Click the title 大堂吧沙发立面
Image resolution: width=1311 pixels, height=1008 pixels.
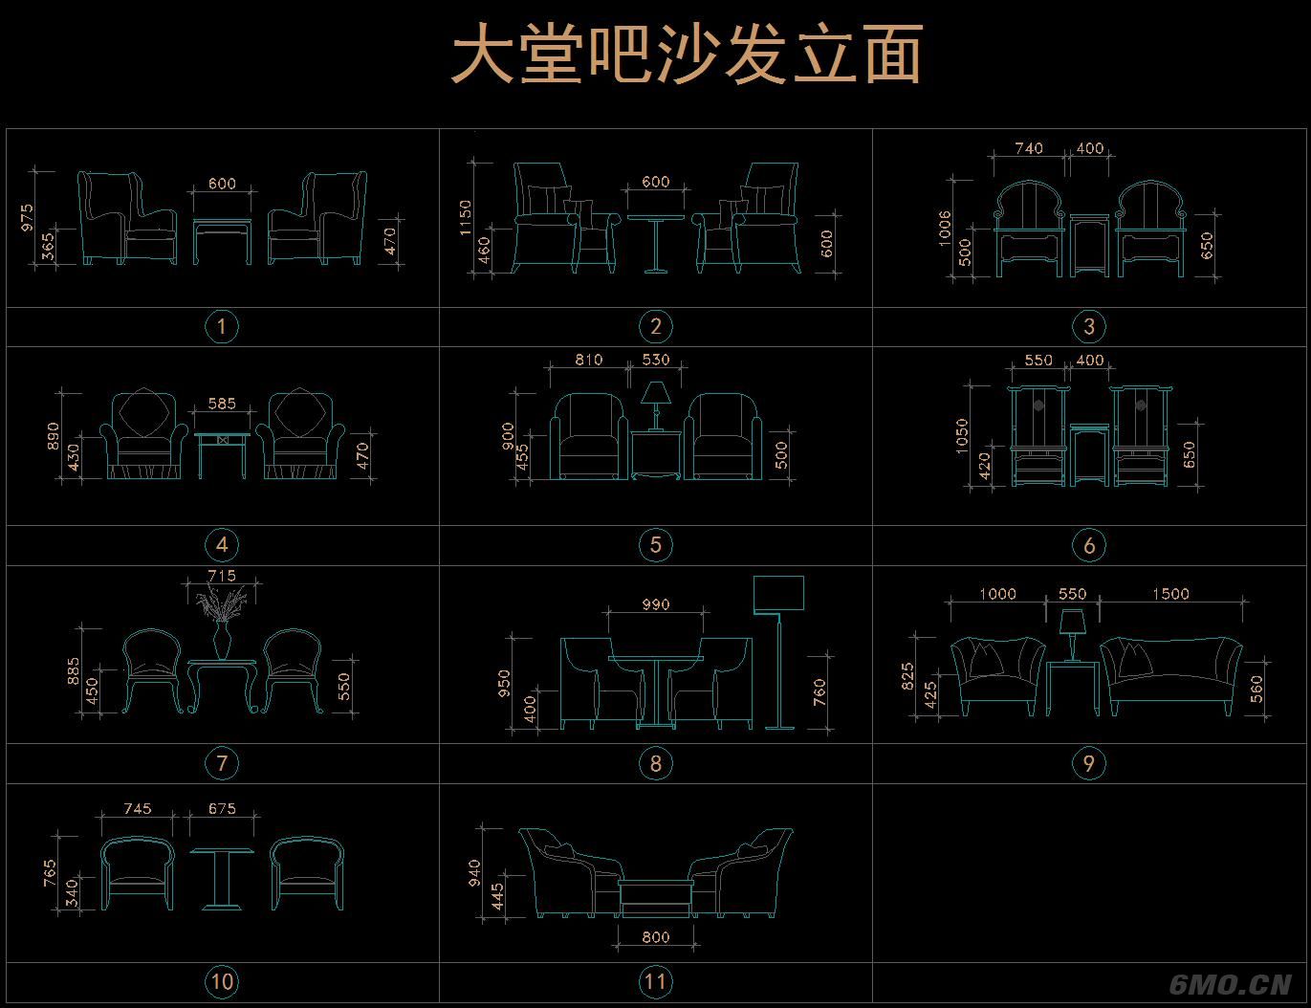coord(687,55)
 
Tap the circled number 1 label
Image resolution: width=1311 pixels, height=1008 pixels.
coord(222,327)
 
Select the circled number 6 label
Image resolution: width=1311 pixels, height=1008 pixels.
coord(1089,545)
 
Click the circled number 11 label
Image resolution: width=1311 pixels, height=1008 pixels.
coord(655,981)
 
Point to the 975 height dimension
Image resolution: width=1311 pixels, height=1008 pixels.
coord(28,217)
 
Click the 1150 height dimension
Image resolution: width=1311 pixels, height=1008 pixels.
coord(466,216)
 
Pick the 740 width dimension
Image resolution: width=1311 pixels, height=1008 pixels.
coord(1029,148)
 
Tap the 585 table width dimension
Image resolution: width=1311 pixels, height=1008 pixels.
coord(222,404)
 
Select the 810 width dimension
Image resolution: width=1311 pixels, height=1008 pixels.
coord(589,360)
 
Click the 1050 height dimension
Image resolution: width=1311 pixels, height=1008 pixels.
coord(962,436)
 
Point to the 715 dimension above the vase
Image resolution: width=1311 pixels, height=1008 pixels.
coord(222,576)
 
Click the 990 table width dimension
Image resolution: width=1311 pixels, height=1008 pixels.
coord(656,604)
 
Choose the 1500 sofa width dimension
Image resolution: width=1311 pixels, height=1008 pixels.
coord(1170,594)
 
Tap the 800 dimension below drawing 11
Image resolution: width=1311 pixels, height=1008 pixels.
coord(656,937)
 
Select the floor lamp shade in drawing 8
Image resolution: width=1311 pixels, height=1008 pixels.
coord(778,594)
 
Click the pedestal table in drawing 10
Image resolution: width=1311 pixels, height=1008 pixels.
coord(222,878)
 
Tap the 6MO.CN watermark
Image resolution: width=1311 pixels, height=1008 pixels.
coord(1232,984)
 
